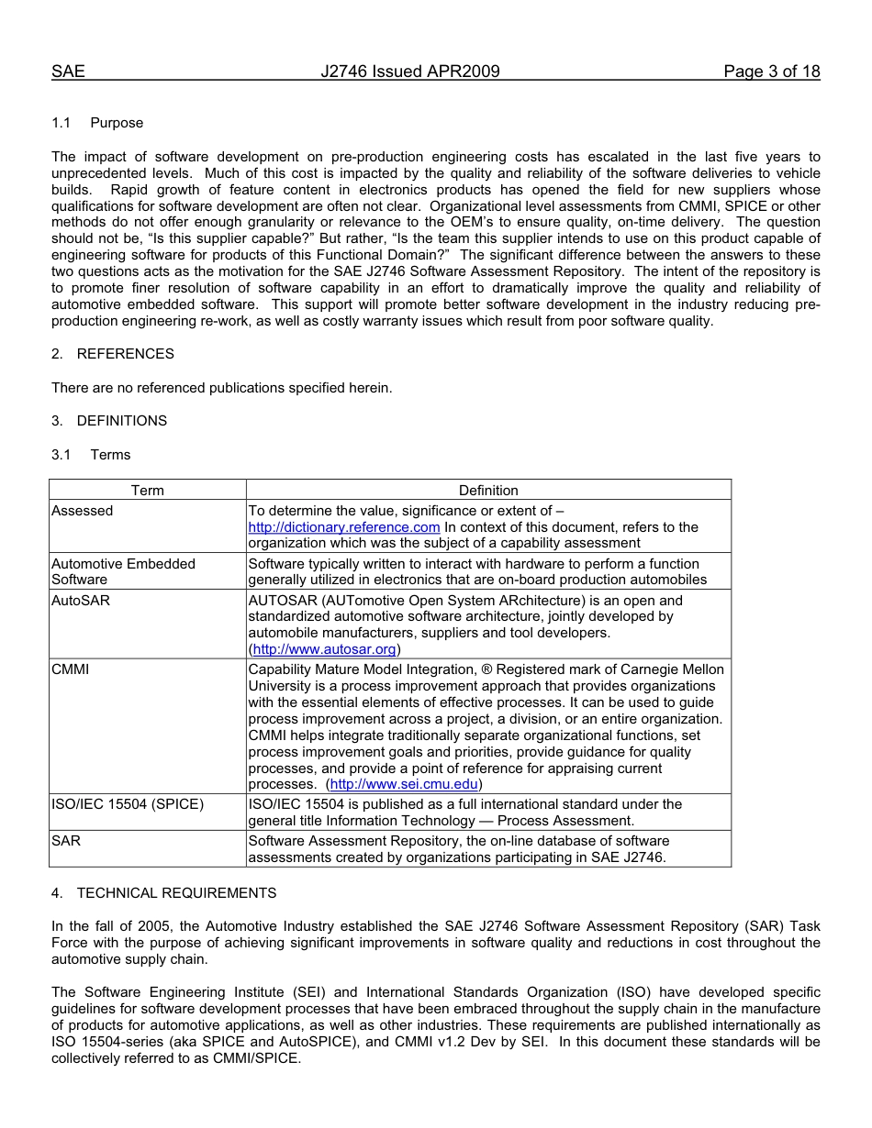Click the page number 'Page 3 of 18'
pos(771,72)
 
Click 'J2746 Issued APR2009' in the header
pos(410,72)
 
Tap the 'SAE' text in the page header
pos(68,72)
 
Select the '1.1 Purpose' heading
pos(97,123)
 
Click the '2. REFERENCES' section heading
pos(112,354)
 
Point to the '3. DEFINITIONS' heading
pos(109,421)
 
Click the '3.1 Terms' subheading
pos(91,455)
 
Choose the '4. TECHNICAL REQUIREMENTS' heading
pos(163,893)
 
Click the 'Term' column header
pos(147,491)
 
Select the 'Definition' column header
pos(488,491)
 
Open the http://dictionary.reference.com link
pos(344,527)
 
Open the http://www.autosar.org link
pos(324,649)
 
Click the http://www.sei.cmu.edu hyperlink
pos(404,785)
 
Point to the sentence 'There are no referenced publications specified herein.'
pos(221,388)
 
